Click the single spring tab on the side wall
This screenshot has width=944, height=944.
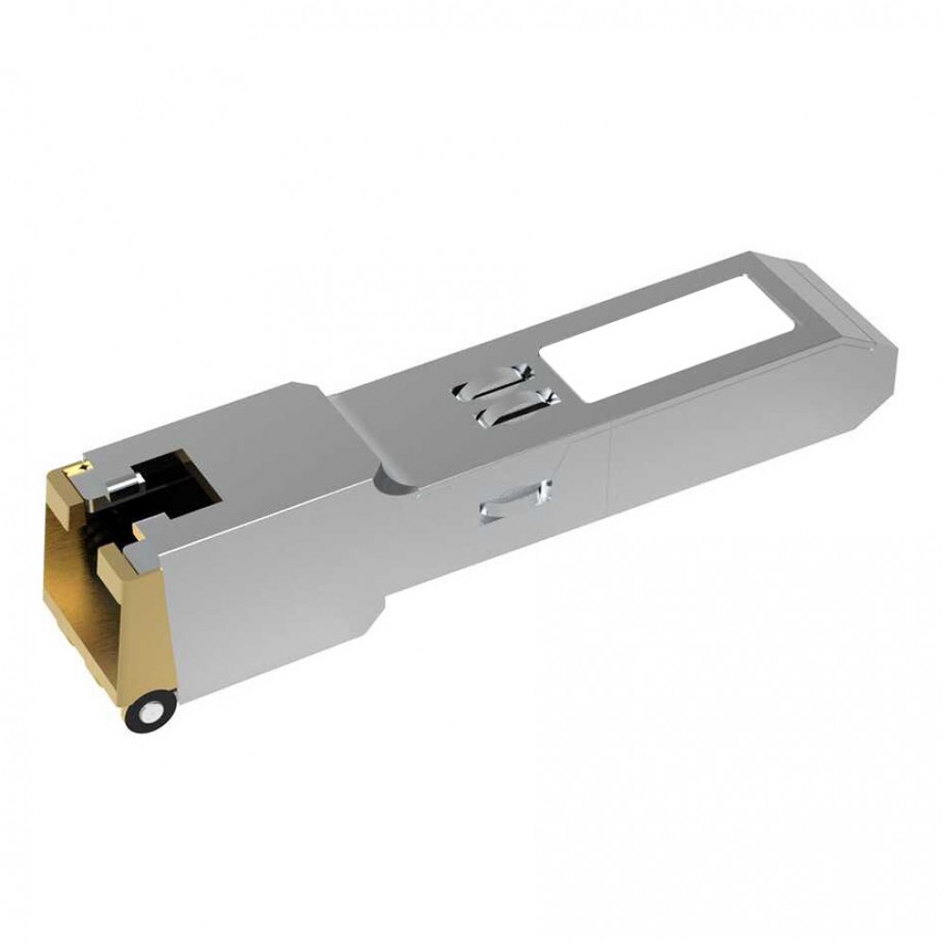coord(515,499)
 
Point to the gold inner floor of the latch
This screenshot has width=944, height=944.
coord(80,604)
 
